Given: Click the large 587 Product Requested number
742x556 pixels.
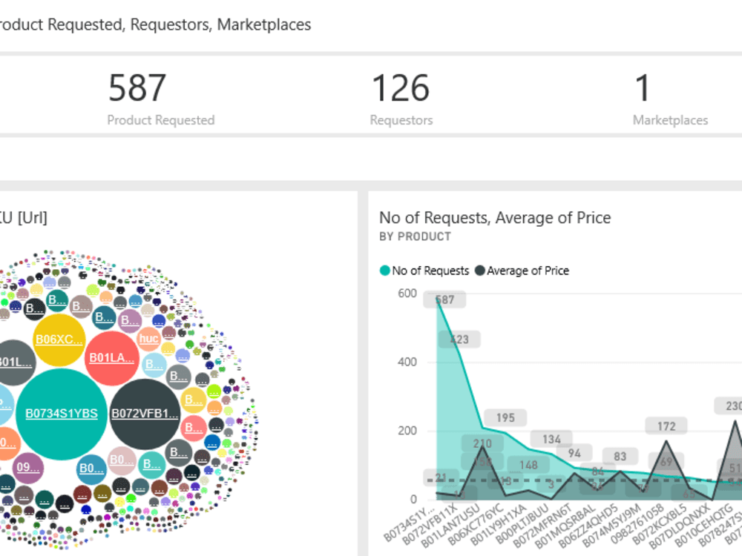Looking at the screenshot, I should (137, 88).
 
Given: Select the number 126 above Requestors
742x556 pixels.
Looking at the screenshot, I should (400, 88).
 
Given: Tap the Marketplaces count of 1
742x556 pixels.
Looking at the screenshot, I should (643, 88).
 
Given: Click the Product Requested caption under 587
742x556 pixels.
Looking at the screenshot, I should (160, 120).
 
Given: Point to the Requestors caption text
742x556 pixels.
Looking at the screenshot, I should (401, 120).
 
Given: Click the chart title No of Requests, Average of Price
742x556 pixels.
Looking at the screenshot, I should (494, 217).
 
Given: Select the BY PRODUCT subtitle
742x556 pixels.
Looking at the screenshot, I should (415, 236).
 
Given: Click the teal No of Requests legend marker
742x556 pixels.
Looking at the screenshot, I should (385, 271).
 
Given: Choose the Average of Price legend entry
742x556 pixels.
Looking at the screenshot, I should (527, 271).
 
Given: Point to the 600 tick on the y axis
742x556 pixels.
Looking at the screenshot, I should (407, 293).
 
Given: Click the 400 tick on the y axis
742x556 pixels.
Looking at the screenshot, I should (407, 362).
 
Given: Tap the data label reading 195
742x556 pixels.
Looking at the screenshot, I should (505, 418).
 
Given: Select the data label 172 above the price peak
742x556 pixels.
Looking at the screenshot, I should (666, 426).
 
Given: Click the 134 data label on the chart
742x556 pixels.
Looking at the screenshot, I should (551, 440).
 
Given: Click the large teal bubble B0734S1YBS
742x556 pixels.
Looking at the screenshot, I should (62, 414).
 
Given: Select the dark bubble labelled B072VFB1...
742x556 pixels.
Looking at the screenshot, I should (145, 414).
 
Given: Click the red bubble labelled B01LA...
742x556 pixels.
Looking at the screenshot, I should (112, 358).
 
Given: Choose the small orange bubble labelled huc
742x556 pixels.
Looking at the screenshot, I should (149, 339).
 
